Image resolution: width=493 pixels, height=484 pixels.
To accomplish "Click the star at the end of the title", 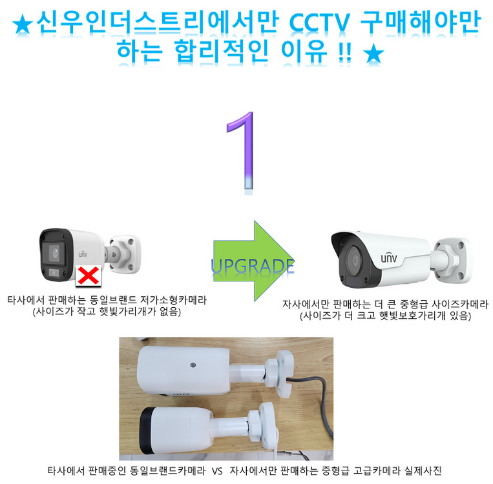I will [x=373, y=55].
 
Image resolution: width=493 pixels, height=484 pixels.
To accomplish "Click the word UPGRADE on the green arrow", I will [x=253, y=265].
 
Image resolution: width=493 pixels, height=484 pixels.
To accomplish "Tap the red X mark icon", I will [x=88, y=276].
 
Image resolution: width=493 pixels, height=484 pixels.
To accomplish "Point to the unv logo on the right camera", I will [x=389, y=258].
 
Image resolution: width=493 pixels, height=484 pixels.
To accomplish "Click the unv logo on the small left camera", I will [x=82, y=254].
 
